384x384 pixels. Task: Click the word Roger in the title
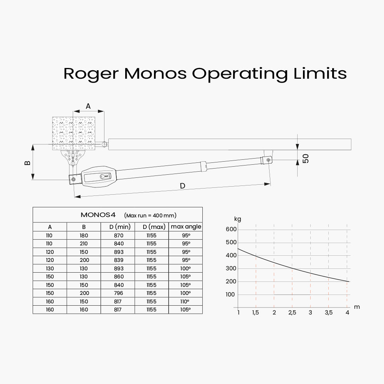tap(91, 73)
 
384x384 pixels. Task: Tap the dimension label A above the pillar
tap(88, 106)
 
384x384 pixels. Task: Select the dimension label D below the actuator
tap(182, 186)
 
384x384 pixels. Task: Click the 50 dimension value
tap(306, 158)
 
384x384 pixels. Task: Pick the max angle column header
tap(186, 227)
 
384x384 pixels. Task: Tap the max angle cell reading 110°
tap(186, 301)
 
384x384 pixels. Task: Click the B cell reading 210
tap(84, 243)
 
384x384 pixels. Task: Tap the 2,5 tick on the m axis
tap(292, 313)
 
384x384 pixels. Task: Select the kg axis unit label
tap(238, 219)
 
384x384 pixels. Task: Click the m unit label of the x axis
tap(357, 306)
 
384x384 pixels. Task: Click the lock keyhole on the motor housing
tap(103, 176)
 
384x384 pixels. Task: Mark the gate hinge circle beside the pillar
tap(104, 144)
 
